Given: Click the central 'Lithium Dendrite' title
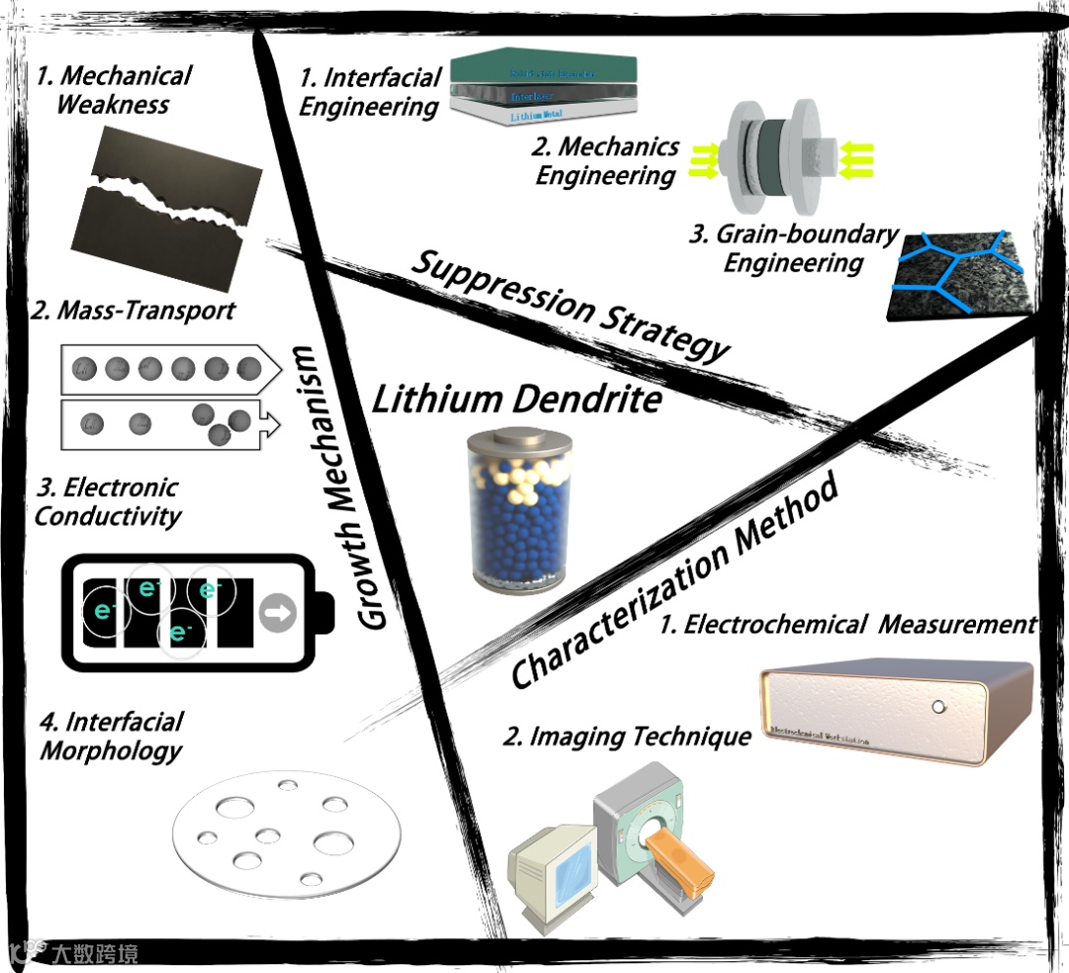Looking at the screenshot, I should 516,399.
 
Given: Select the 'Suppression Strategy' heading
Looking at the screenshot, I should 571,306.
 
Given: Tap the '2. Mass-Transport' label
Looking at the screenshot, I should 134,311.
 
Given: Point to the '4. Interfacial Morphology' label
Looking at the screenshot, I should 111,735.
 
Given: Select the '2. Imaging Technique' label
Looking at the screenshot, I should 627,737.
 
